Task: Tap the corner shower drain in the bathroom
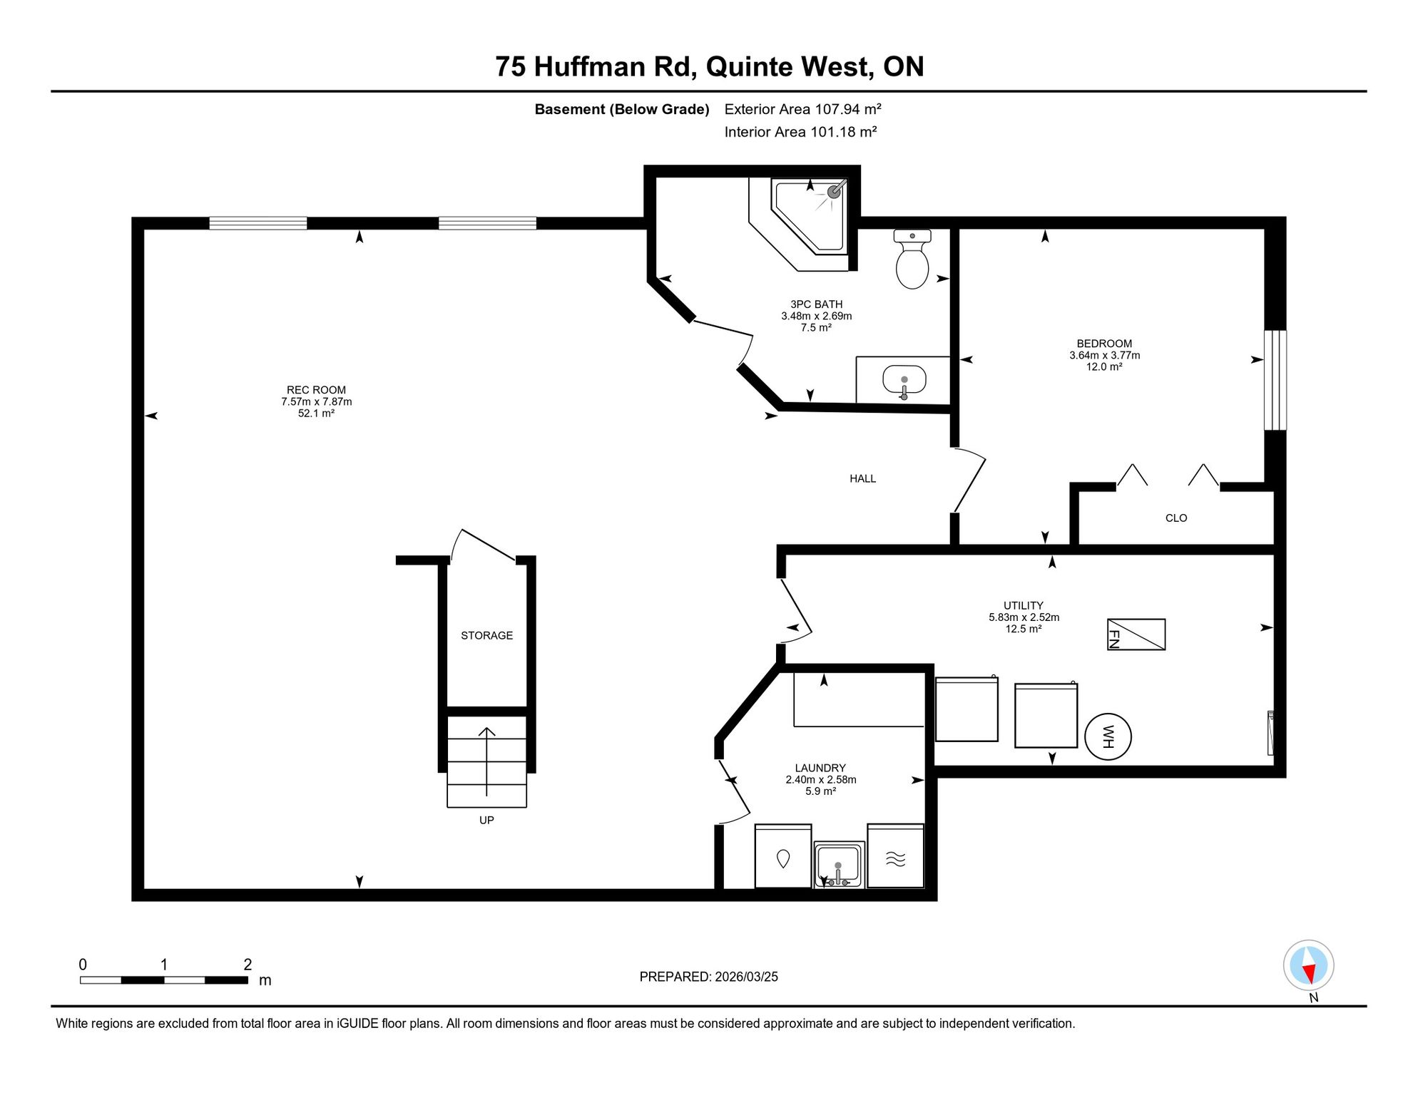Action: pyautogui.click(x=834, y=192)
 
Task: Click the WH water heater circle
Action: pyautogui.click(x=1108, y=736)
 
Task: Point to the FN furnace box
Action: pyautogui.click(x=1136, y=634)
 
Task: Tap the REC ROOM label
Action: pyautogui.click(x=316, y=390)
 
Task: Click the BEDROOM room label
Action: pyautogui.click(x=1104, y=344)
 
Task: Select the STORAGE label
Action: pyautogui.click(x=486, y=635)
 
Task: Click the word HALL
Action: pyautogui.click(x=862, y=478)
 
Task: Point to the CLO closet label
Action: pyautogui.click(x=1176, y=518)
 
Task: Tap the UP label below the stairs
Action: pyautogui.click(x=486, y=821)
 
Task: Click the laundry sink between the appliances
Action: pyautogui.click(x=839, y=865)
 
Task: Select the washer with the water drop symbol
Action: pyautogui.click(x=783, y=856)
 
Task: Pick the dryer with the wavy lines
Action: pyautogui.click(x=896, y=856)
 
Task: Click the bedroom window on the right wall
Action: pyautogui.click(x=1275, y=380)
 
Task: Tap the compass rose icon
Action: pyautogui.click(x=1309, y=966)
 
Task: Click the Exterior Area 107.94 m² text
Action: pyautogui.click(x=803, y=109)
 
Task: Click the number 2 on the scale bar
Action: pyautogui.click(x=248, y=965)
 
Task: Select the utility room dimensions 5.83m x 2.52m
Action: pyautogui.click(x=1024, y=617)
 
